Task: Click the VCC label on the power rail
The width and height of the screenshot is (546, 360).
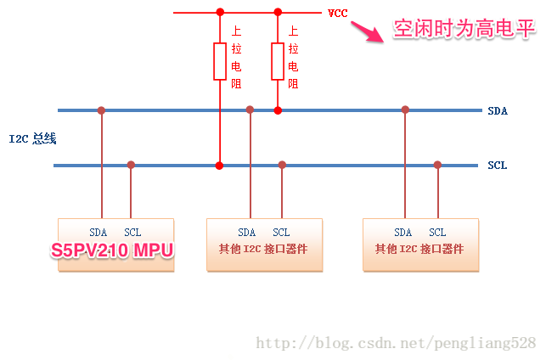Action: click(x=337, y=13)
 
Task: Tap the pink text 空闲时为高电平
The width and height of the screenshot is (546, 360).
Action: click(x=464, y=30)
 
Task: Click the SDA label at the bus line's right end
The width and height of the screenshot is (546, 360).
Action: click(x=498, y=111)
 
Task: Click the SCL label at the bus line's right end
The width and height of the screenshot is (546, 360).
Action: click(x=497, y=165)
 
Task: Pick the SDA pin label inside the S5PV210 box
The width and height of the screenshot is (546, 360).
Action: click(x=99, y=233)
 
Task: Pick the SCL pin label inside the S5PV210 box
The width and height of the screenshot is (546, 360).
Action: click(x=132, y=233)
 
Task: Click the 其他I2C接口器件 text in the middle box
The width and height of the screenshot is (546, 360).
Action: click(x=264, y=250)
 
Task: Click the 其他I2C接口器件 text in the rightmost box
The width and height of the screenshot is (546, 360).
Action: click(x=420, y=250)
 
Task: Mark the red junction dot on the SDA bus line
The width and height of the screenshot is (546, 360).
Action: click(x=278, y=110)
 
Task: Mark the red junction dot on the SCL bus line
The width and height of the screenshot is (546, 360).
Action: click(x=220, y=165)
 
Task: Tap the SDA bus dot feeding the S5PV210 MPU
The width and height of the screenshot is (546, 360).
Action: click(x=101, y=110)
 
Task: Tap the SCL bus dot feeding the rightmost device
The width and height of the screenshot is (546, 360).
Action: click(x=437, y=165)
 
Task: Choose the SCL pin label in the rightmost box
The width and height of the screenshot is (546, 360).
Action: click(x=437, y=233)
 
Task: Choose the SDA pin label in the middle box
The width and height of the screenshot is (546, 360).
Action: click(x=246, y=233)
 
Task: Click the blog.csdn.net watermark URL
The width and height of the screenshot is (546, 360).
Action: click(x=396, y=343)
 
